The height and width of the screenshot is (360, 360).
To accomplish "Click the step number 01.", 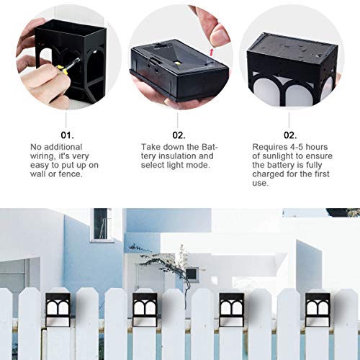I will pos(66,135).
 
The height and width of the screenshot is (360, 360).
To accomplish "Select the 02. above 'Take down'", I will pos(179,135).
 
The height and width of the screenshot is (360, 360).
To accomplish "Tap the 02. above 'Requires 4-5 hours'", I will pos(289,135).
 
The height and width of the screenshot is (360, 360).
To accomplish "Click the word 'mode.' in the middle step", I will pos(205,165).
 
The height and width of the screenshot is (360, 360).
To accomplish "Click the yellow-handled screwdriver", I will pos(63,70).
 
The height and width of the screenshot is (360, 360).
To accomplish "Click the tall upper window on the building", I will pos(101,225).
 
